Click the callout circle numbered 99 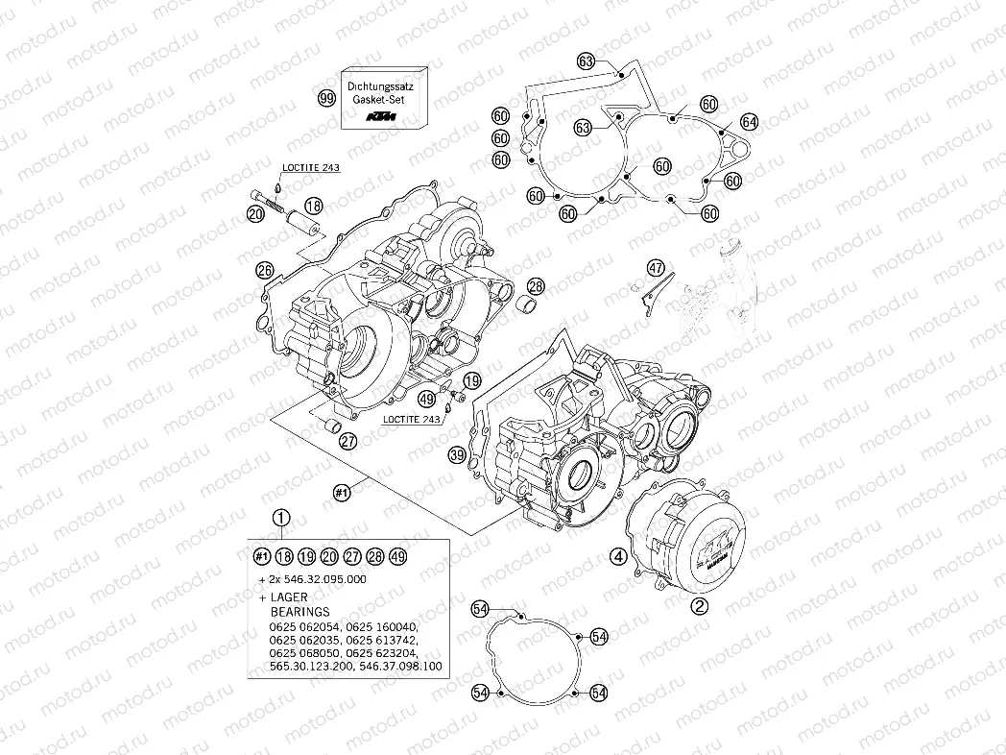tap(326, 98)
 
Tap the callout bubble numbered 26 tap(264, 270)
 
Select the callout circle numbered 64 tap(749, 122)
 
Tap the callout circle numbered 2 tap(700, 605)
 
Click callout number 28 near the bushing tap(535, 285)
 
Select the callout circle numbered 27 tap(348, 441)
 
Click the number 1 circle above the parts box tap(280, 519)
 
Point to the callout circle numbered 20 tap(255, 214)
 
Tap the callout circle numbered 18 tap(313, 205)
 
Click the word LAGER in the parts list tap(290, 597)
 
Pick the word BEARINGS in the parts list tap(299, 611)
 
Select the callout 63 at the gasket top tap(587, 61)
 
